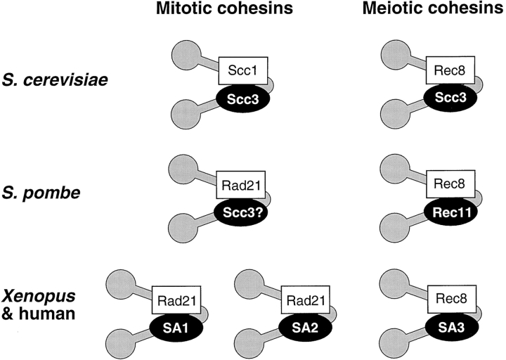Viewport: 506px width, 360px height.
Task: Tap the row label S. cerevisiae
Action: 53,78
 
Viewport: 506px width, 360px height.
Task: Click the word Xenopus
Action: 37,293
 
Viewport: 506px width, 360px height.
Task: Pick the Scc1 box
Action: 239,70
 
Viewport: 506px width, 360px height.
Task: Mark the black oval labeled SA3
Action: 451,328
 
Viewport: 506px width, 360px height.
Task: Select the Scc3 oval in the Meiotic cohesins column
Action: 451,98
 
